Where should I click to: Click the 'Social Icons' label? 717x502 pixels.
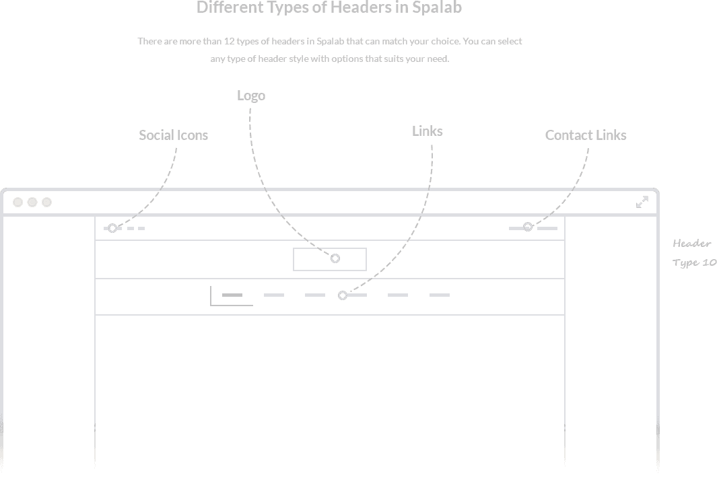point(173,135)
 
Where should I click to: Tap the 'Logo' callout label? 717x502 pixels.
point(251,96)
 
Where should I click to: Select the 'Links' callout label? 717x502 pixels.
point(427,131)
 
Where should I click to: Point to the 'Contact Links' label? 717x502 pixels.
point(586,135)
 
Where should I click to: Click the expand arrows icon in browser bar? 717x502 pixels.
point(642,202)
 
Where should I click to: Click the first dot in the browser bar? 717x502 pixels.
point(18,202)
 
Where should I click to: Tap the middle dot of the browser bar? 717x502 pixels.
point(32,202)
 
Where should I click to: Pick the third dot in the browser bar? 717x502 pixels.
point(46,202)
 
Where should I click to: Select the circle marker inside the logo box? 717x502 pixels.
point(335,258)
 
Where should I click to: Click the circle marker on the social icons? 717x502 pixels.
point(112,228)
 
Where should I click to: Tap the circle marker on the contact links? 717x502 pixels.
point(528,227)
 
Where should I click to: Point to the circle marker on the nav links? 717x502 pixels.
point(343,295)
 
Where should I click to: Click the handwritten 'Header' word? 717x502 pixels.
point(691,244)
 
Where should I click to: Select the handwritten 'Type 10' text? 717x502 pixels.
point(694,262)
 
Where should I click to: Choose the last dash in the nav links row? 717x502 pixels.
point(439,295)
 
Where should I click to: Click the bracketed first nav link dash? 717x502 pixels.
point(232,295)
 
